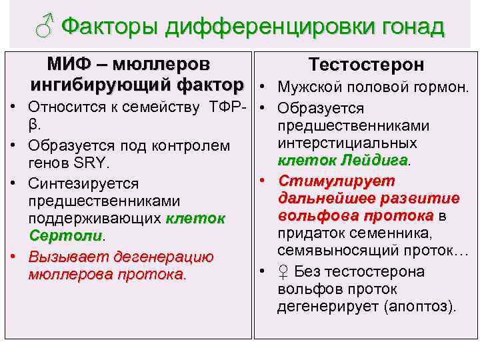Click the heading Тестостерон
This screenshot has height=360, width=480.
click(x=366, y=65)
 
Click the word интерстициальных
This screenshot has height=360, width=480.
click(x=347, y=143)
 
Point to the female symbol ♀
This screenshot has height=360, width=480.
click(x=284, y=271)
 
